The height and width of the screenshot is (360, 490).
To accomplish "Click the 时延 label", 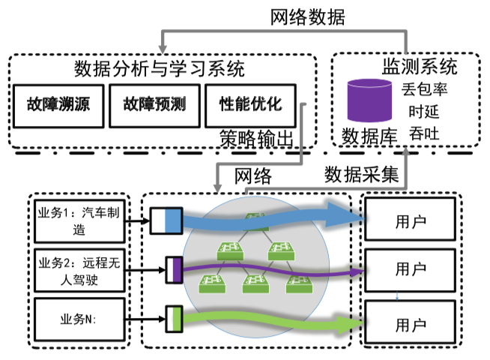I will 420,112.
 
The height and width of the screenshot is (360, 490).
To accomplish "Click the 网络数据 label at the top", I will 307,17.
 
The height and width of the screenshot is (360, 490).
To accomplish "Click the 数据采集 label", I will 361,175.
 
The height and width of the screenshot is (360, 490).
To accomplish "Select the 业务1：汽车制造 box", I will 77,220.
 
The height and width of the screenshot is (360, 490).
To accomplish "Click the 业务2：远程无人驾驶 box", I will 77,271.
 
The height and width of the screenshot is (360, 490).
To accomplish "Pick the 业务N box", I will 77,318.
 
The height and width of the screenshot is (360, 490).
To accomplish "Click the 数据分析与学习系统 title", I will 160,69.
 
